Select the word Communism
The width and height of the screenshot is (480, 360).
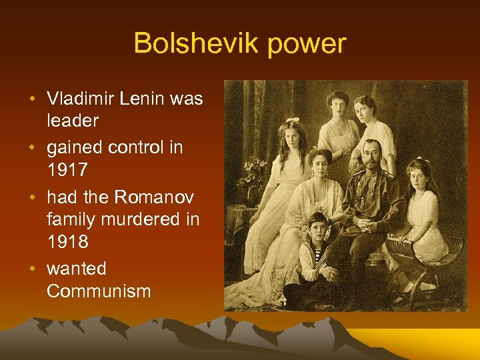[x=99, y=291]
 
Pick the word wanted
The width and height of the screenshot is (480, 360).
[x=77, y=268]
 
